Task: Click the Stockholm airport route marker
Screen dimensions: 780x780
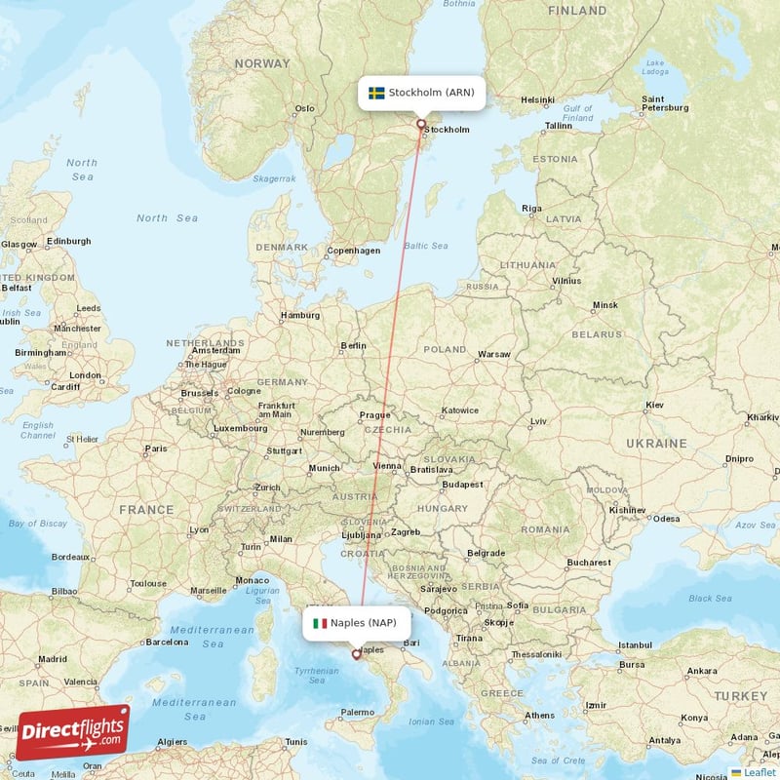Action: pyautogui.click(x=421, y=124)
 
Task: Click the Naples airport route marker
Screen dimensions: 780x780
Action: pyautogui.click(x=356, y=655)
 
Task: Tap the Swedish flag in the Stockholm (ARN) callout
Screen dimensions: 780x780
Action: pyautogui.click(x=376, y=94)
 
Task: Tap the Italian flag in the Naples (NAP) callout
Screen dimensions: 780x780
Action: pyautogui.click(x=319, y=623)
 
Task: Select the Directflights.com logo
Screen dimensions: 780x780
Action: pyautogui.click(x=72, y=731)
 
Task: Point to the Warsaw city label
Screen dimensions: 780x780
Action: pyautogui.click(x=494, y=354)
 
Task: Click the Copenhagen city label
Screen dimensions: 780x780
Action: pyautogui.click(x=354, y=251)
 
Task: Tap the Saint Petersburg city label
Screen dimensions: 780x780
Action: pyautogui.click(x=667, y=103)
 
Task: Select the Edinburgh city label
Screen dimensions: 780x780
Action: pyautogui.click(x=68, y=241)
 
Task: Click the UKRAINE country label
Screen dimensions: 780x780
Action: pyautogui.click(x=656, y=443)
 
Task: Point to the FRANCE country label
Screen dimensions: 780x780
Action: pyautogui.click(x=146, y=509)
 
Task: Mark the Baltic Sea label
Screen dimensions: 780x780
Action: pyautogui.click(x=426, y=246)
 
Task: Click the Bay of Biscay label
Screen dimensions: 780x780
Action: pyautogui.click(x=37, y=524)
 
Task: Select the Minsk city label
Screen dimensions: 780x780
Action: pyautogui.click(x=604, y=305)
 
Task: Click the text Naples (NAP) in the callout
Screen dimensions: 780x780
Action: pyautogui.click(x=364, y=623)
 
